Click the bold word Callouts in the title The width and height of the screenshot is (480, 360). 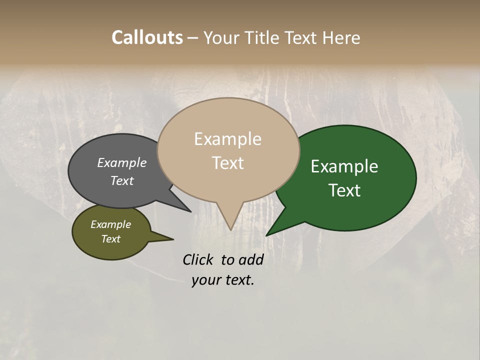(x=147, y=37)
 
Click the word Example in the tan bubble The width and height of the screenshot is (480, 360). (x=227, y=139)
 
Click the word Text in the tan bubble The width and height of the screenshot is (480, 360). (x=227, y=163)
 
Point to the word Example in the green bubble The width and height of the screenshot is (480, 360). (x=344, y=166)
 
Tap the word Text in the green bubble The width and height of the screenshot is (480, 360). (x=344, y=190)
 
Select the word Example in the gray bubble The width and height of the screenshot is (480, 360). (x=121, y=162)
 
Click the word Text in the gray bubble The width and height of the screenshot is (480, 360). (x=121, y=180)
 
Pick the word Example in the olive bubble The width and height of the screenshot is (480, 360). (x=110, y=224)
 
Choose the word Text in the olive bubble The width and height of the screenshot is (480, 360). (x=110, y=239)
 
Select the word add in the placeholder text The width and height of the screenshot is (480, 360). (x=250, y=259)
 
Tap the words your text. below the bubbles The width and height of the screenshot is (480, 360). (x=222, y=280)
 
